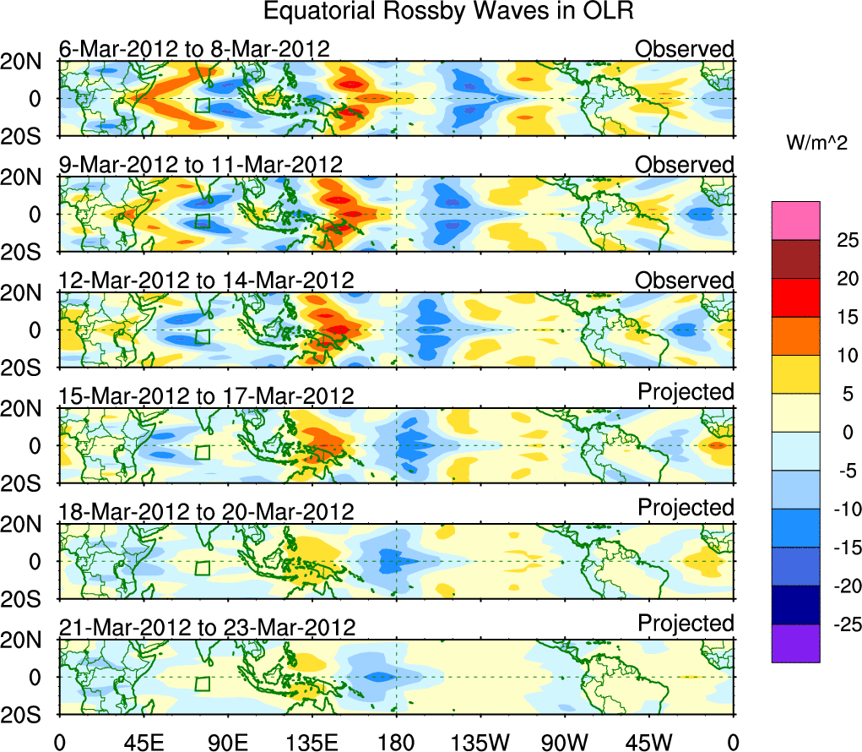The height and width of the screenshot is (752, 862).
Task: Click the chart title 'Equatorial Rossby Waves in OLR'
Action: tap(448, 12)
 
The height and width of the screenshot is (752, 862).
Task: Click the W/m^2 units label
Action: tap(817, 144)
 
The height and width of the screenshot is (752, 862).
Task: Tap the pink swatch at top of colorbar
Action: tap(795, 220)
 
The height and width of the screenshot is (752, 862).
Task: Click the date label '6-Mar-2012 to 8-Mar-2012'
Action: tap(194, 49)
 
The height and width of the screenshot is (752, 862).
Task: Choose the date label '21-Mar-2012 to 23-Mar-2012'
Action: tap(207, 627)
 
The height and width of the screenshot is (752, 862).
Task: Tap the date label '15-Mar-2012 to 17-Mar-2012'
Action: tap(207, 395)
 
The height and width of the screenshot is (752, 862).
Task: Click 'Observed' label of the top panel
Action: tap(685, 49)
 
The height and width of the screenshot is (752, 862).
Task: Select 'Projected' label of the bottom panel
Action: tap(686, 623)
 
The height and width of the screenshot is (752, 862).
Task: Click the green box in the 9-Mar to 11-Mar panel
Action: tap(202, 221)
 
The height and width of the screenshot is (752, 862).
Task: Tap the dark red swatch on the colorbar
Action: tap(795, 259)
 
